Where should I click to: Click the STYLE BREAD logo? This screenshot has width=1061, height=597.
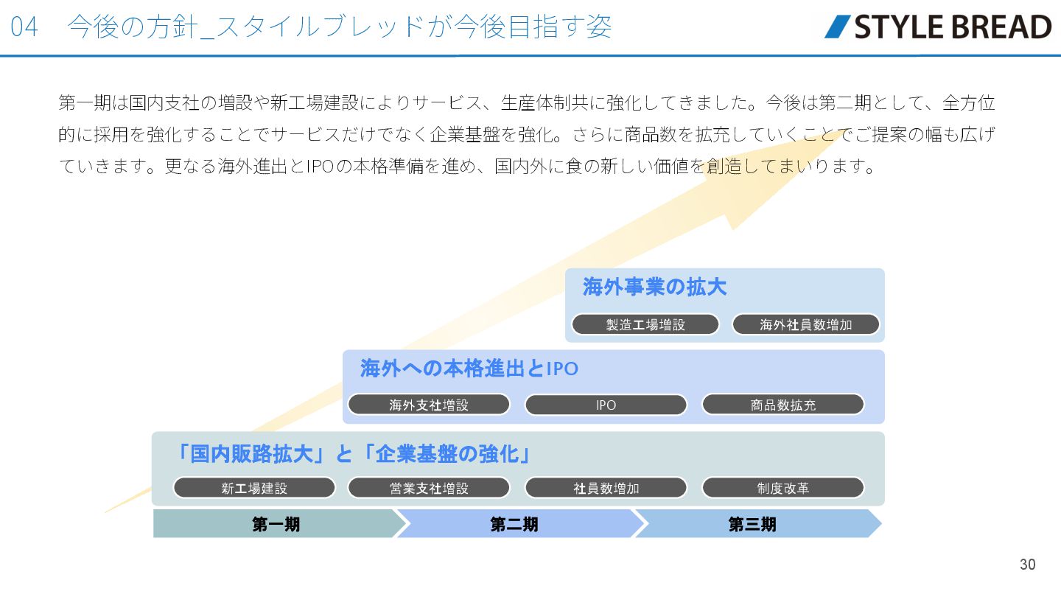tap(937, 27)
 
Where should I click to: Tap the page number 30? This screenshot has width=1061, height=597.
tap(1027, 565)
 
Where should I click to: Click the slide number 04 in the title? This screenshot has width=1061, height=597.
tap(24, 27)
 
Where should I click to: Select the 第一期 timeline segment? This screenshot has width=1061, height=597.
tap(276, 524)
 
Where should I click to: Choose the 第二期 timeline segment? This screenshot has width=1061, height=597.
tap(514, 524)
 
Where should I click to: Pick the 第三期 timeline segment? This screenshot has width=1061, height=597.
tap(752, 524)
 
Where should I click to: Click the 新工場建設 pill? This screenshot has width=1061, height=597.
tap(254, 488)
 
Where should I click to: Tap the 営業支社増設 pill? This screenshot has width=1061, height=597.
tap(429, 488)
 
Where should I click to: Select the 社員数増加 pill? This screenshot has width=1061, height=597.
tap(606, 488)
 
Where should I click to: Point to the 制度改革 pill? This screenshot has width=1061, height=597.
tap(782, 488)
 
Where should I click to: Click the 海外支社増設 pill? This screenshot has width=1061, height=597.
tap(429, 405)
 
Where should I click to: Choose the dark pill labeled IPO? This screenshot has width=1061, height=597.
tap(606, 405)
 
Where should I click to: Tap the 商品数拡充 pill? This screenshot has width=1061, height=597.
tap(782, 405)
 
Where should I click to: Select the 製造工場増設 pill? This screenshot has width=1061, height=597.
tap(645, 324)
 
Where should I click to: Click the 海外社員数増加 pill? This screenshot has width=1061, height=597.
tap(806, 324)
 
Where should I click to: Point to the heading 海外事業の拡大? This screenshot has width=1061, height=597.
tap(654, 287)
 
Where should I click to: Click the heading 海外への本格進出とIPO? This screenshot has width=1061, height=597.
tap(469, 368)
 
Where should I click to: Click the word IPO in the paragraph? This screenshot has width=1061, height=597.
tap(321, 167)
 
